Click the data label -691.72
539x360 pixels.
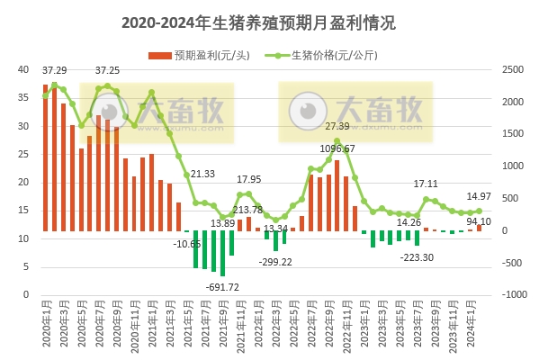coord(222,287)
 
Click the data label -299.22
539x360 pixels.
coord(275,262)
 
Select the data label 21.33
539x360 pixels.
coord(202,174)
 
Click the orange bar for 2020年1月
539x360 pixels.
coord(45,158)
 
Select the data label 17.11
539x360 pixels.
coord(426,184)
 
